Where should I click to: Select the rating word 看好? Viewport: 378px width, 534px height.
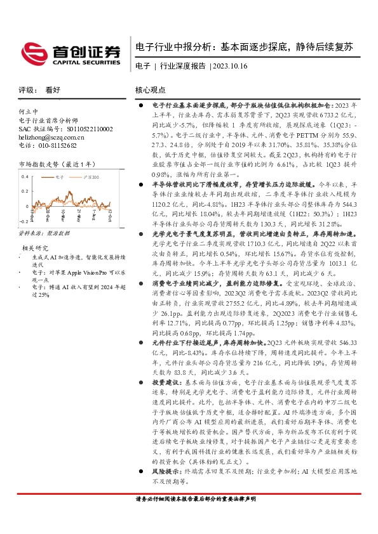coord(53,90)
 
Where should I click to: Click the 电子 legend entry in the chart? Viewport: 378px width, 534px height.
coord(60,179)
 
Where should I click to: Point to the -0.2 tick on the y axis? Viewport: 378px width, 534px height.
coord(23,222)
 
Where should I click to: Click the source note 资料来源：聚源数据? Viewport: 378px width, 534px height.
coord(44,234)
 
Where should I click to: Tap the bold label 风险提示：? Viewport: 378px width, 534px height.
coord(167,473)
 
